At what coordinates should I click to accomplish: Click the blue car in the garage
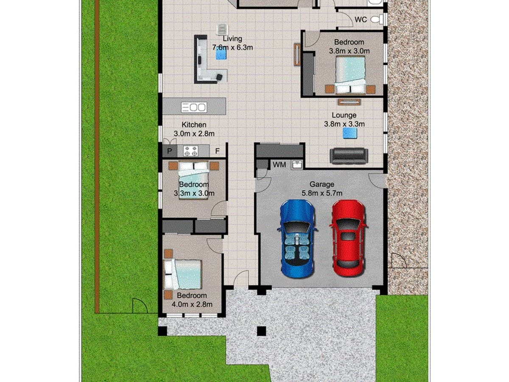(x=297, y=239)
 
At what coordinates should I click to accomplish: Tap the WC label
(x=361, y=20)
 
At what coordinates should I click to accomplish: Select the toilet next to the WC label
(x=377, y=19)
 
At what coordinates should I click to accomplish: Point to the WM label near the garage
(x=279, y=164)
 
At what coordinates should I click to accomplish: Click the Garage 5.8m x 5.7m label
(x=321, y=189)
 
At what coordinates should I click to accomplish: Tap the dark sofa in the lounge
(x=348, y=156)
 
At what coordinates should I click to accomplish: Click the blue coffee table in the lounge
(x=350, y=133)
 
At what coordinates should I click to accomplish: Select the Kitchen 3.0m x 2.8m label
(x=194, y=129)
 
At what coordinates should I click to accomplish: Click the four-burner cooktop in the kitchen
(x=190, y=151)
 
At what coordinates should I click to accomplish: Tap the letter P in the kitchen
(x=170, y=151)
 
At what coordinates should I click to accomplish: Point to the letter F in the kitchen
(x=217, y=151)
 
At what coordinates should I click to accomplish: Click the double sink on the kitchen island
(x=194, y=107)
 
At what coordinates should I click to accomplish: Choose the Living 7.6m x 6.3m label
(x=232, y=43)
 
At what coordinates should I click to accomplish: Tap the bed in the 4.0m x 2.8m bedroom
(x=183, y=274)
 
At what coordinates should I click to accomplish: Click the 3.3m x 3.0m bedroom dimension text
(x=194, y=194)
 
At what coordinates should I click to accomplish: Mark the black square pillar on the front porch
(x=262, y=331)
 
